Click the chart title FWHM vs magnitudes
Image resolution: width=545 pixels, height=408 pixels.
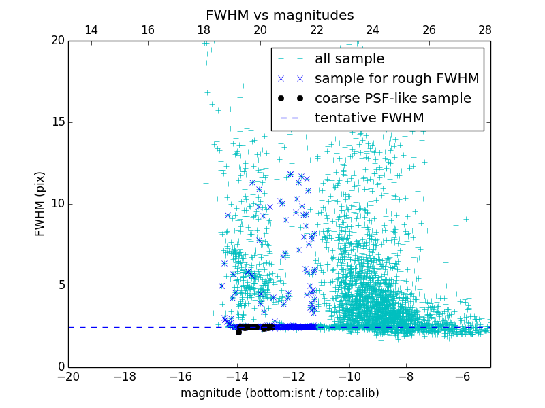click(x=279, y=15)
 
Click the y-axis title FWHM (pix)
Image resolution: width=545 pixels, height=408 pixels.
click(x=40, y=204)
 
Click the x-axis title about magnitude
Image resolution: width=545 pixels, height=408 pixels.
click(x=279, y=393)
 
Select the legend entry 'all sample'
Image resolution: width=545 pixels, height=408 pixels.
click(x=349, y=59)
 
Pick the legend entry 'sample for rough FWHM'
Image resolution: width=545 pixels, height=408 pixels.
click(x=396, y=79)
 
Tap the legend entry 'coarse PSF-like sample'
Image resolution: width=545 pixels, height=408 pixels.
click(x=392, y=99)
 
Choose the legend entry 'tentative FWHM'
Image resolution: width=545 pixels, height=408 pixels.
click(x=369, y=118)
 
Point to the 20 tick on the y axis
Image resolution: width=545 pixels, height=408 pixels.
click(x=57, y=41)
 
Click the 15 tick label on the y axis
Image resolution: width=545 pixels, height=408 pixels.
click(x=57, y=122)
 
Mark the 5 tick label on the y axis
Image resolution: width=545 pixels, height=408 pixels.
click(x=61, y=286)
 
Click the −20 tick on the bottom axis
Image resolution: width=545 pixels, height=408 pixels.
click(x=68, y=376)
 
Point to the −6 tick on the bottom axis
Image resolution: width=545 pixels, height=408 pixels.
click(x=463, y=376)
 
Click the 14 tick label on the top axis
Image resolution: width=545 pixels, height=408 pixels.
click(x=91, y=30)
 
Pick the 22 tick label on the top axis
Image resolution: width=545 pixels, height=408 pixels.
click(x=316, y=30)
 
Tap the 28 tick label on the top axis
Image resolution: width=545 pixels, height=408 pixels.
click(x=485, y=30)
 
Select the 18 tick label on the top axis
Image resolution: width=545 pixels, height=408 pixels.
click(x=204, y=30)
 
